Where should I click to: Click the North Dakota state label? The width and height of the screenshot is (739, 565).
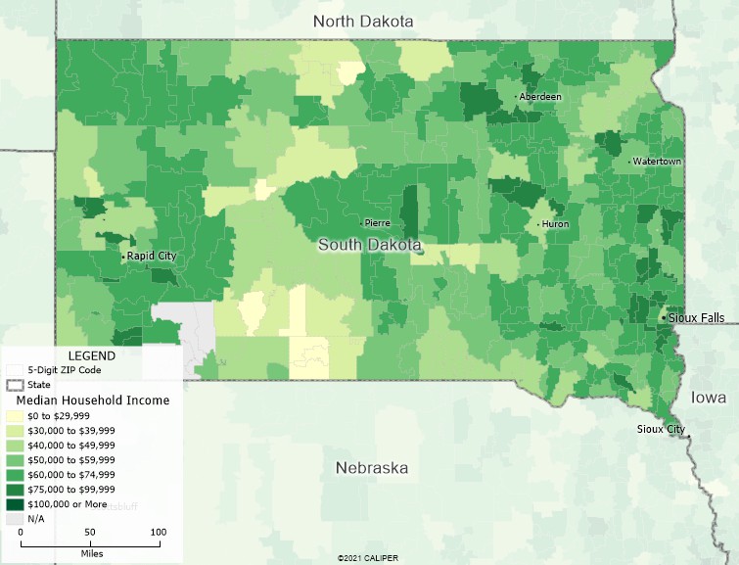[x=363, y=22]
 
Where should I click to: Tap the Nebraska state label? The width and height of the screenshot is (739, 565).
[x=371, y=467]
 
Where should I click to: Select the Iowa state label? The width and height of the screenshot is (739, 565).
[x=709, y=398]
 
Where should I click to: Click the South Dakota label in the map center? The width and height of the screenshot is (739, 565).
[x=370, y=245]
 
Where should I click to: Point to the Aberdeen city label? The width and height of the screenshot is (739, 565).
[x=541, y=97]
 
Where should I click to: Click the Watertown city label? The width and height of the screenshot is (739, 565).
[x=657, y=161]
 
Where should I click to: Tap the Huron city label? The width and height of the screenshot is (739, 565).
[x=555, y=224]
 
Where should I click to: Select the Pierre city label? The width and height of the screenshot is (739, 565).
[x=377, y=223]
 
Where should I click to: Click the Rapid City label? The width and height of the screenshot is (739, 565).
[x=152, y=256]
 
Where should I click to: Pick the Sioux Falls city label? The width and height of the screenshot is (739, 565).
[x=699, y=318]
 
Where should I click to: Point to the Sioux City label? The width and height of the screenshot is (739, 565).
[x=661, y=429]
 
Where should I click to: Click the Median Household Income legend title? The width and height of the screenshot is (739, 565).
[x=93, y=400]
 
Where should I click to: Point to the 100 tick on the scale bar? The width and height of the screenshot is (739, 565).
[x=158, y=532]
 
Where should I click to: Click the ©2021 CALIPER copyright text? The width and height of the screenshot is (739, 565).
[x=367, y=558]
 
